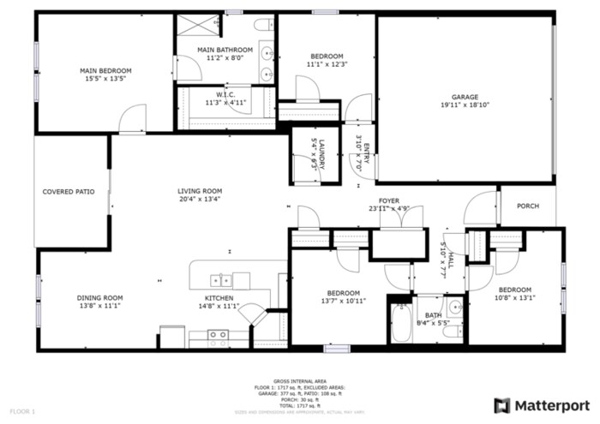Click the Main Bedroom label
(x=105, y=70)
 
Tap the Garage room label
(x=465, y=97)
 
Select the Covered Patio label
(x=69, y=192)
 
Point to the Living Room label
(x=200, y=191)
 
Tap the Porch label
(x=527, y=206)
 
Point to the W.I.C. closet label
(x=225, y=94)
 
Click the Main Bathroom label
(x=225, y=50)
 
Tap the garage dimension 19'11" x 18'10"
(x=465, y=105)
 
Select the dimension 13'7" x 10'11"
(x=344, y=301)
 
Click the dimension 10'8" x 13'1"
(x=515, y=298)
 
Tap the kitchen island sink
(x=221, y=279)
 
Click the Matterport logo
(x=543, y=403)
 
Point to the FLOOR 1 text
(x=21, y=412)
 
